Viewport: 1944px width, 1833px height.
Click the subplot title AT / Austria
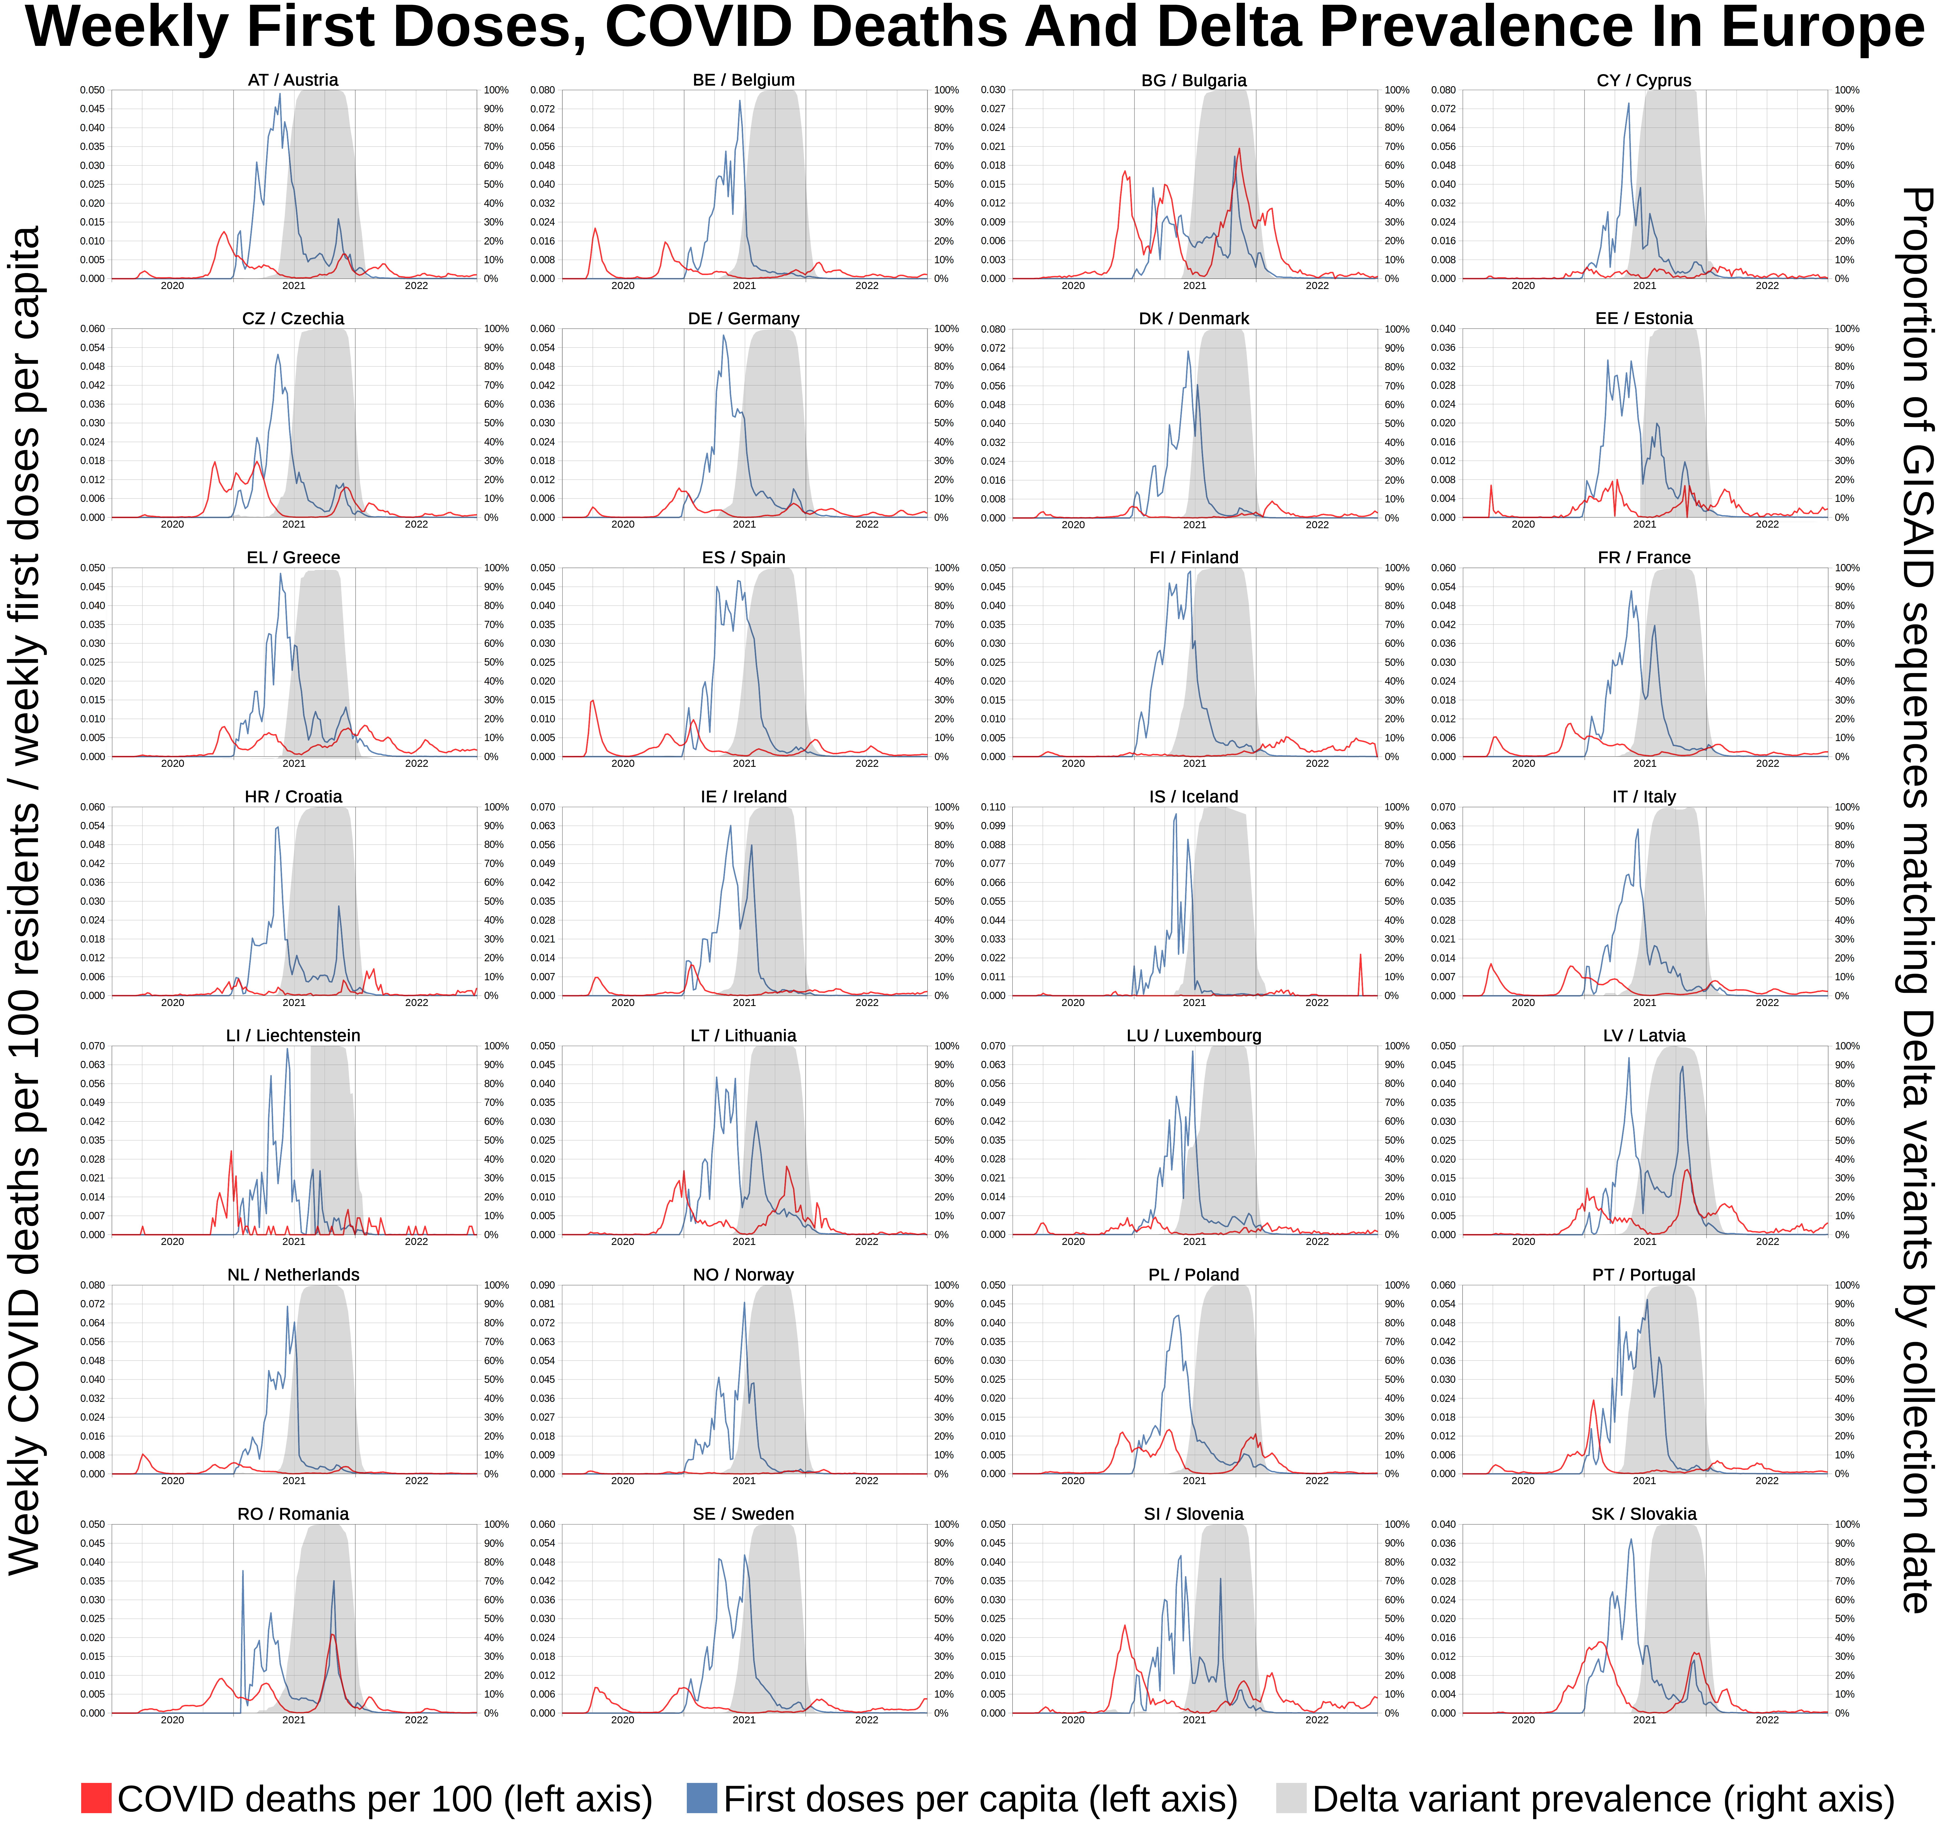tap(293, 80)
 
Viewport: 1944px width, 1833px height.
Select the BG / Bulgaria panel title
tap(1194, 80)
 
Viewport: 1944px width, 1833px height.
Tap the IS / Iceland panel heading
tap(1194, 797)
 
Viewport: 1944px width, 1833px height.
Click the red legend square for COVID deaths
tap(96, 1798)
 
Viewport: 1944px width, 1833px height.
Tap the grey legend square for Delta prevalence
tap(1291, 1798)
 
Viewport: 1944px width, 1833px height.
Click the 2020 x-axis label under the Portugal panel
tap(1524, 1481)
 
